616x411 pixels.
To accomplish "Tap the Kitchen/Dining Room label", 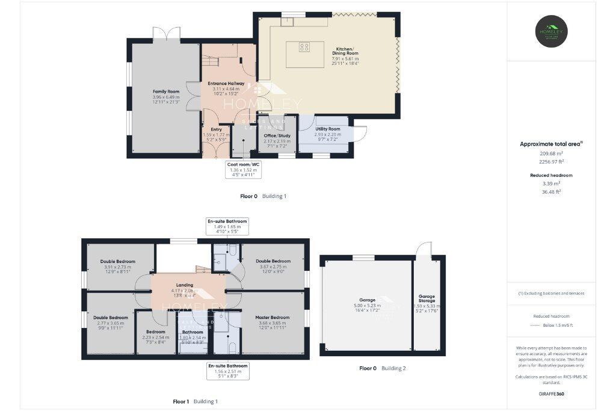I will tap(344, 51).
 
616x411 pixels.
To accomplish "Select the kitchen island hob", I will tap(304, 47).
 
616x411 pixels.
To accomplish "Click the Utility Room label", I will tap(327, 129).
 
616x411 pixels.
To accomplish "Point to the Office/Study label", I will tap(277, 136).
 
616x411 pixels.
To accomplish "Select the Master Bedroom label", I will tap(273, 318).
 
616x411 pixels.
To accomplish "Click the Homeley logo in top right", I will tap(552, 31).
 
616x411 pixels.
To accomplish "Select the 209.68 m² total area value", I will tap(552, 153).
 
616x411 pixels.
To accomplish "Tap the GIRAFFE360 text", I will tap(552, 394).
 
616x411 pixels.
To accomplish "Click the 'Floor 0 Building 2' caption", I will tap(383, 368).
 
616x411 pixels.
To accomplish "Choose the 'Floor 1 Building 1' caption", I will tap(196, 401).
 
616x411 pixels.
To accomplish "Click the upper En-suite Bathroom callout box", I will tap(227, 226).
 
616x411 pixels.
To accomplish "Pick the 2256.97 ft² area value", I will tap(552, 161).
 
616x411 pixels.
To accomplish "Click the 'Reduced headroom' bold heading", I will tap(552, 175).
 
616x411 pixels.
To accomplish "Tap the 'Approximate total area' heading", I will tap(550, 144).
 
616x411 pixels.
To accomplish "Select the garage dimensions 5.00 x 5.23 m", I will tap(367, 306).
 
